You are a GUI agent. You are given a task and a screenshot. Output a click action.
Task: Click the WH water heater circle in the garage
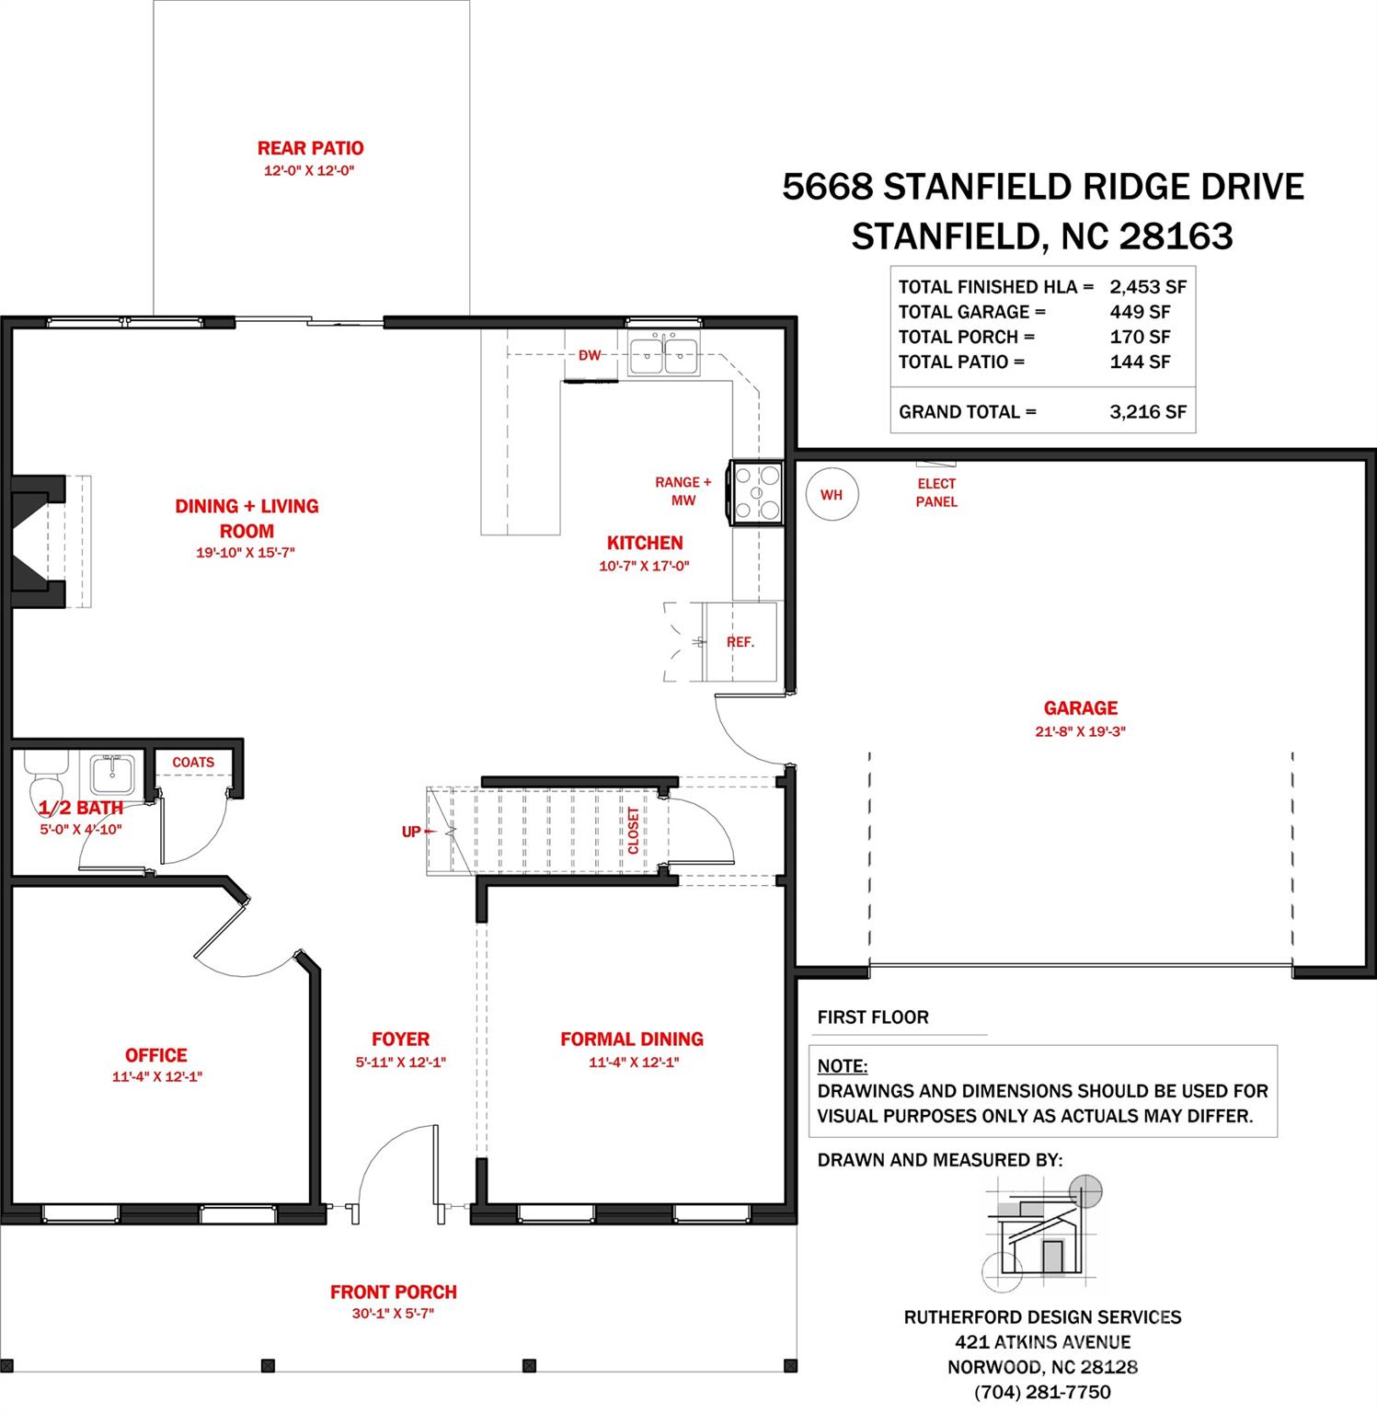point(831,495)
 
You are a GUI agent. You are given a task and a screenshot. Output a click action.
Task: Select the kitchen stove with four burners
point(755,493)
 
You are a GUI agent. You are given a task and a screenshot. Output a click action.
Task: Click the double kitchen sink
point(663,353)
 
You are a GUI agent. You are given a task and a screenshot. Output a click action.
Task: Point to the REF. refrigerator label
point(740,642)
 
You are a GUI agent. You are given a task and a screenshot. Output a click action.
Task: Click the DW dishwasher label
point(590,355)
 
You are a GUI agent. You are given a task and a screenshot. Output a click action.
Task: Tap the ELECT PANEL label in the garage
point(936,492)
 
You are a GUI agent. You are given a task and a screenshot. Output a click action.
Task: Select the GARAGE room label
point(1081,708)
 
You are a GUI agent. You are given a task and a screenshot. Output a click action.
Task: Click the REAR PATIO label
point(310,148)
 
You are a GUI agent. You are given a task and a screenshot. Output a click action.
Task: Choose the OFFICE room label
point(156,1055)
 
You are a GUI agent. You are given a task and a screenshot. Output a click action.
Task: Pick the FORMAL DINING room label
point(632,1039)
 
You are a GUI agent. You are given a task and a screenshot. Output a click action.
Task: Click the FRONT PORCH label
point(394,1292)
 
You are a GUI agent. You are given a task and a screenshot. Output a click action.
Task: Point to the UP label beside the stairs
point(410,832)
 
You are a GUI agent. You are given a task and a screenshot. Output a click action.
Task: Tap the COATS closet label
point(193,763)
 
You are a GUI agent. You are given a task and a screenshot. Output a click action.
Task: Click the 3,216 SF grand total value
point(1148,412)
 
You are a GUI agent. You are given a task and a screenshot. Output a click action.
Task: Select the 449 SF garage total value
point(1140,312)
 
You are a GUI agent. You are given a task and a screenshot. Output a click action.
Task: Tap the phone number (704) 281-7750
point(1042,1393)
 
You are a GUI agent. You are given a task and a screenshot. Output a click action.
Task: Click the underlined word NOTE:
point(843,1066)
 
